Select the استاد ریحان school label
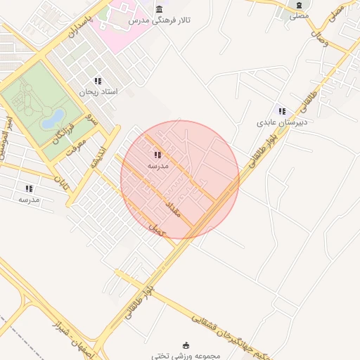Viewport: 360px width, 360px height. pyautogui.click(x=98, y=92)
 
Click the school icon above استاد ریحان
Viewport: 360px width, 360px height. pyautogui.click(x=98, y=81)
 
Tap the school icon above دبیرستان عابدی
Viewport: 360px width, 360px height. pyautogui.click(x=282, y=111)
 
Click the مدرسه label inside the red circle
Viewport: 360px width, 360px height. pyautogui.click(x=157, y=166)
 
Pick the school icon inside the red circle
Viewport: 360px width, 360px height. pyautogui.click(x=157, y=155)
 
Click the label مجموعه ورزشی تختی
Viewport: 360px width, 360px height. pyautogui.click(x=185, y=355)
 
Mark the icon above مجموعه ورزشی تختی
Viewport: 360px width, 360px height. pyautogui.click(x=186, y=345)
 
